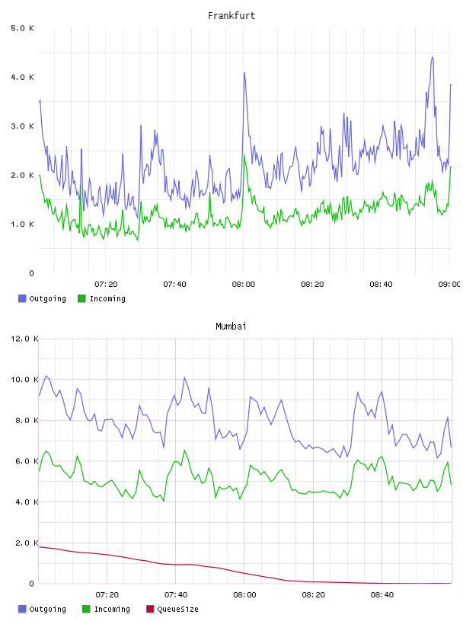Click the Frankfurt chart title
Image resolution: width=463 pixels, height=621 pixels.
[231, 16]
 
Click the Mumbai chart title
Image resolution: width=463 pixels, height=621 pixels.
[231, 326]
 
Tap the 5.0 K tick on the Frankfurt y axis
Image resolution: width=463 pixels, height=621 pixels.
[22, 28]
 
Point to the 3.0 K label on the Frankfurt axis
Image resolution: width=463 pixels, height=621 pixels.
[22, 126]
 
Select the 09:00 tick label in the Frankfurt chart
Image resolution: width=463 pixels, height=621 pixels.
[449, 285]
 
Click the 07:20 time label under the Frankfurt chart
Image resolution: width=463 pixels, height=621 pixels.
[106, 285]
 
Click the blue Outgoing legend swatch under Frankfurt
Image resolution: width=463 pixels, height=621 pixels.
[22, 298]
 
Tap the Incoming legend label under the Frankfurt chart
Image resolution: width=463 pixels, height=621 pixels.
[107, 299]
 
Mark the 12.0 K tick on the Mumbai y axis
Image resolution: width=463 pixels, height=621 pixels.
[24, 339]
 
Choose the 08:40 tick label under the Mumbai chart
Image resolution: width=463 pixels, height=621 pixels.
[382, 595]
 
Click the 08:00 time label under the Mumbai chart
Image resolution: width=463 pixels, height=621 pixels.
[244, 595]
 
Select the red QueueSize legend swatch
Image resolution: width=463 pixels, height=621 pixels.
[150, 609]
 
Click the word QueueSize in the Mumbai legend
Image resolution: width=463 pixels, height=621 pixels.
[177, 609]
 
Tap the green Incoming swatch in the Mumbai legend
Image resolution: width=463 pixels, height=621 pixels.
[86, 609]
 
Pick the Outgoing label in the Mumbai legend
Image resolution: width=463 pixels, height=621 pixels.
[47, 609]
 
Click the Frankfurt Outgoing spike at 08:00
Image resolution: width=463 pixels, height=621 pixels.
[244, 73]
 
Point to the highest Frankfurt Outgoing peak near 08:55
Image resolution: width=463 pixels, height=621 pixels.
[433, 57]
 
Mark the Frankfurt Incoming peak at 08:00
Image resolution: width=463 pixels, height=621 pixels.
[244, 155]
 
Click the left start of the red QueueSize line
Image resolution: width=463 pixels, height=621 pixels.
[39, 547]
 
